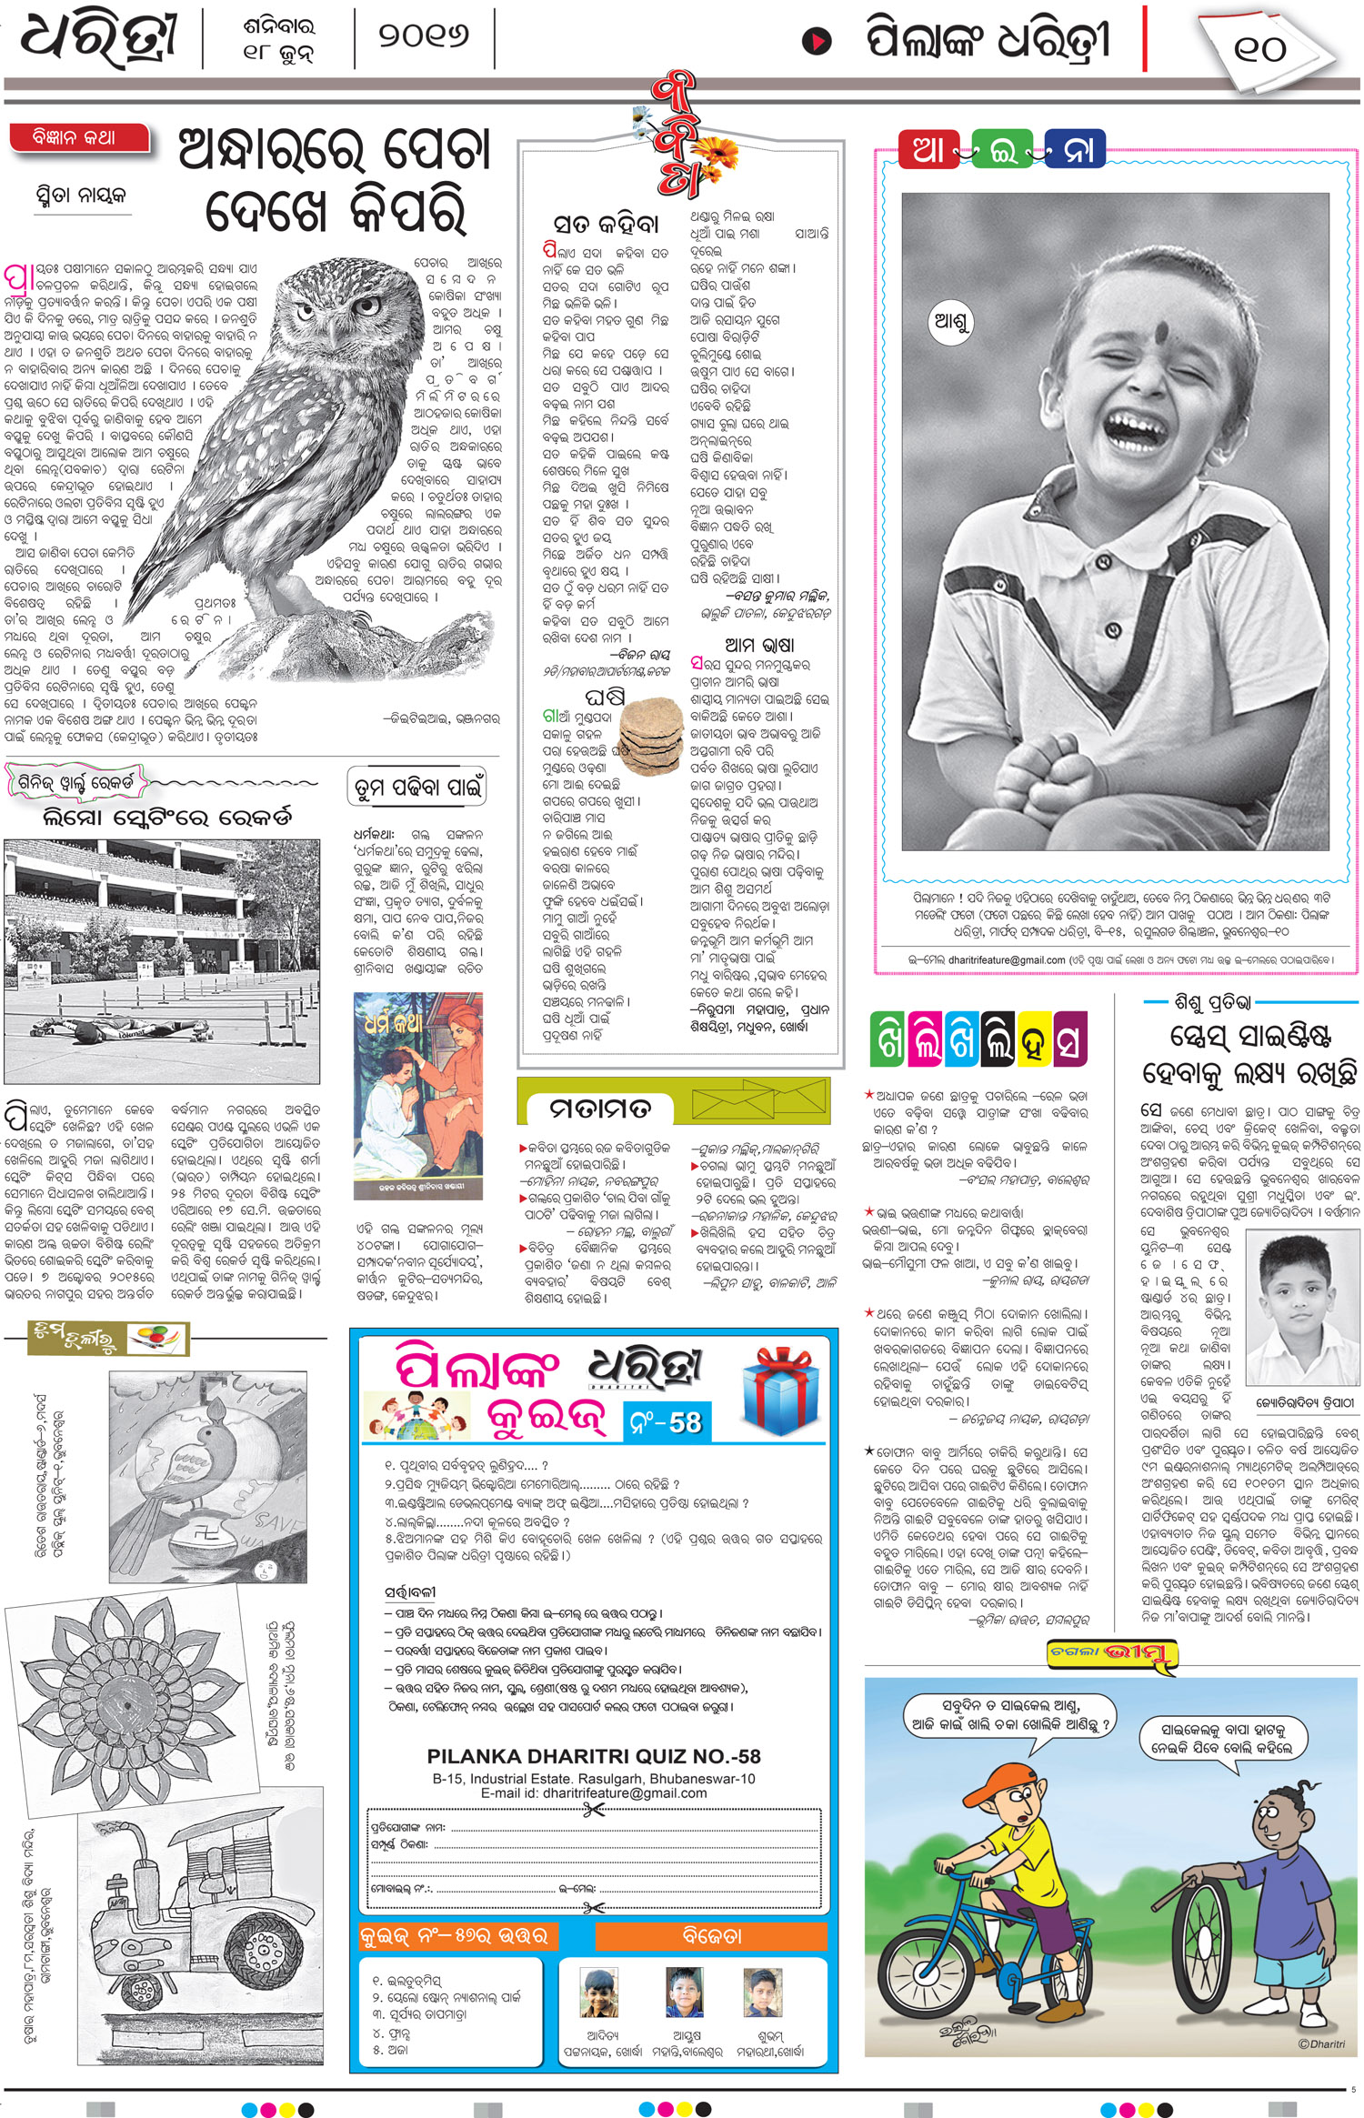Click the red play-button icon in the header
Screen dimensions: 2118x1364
click(x=817, y=41)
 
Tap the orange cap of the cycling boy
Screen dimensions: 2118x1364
click(x=1000, y=1783)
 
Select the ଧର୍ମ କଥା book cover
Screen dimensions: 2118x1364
click(x=417, y=1097)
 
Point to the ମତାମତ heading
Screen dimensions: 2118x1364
click(x=600, y=1109)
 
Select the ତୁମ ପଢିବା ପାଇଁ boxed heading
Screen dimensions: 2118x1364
click(x=417, y=788)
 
